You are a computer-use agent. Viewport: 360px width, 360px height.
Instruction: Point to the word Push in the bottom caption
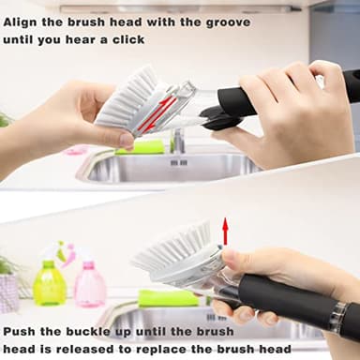22,332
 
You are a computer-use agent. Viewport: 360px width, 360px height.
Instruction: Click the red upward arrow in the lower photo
225,231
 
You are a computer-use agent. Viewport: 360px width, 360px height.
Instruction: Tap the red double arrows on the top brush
157,110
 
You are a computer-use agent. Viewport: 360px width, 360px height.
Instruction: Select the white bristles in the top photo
126,96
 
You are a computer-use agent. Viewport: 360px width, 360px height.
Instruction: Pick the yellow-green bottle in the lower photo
49,283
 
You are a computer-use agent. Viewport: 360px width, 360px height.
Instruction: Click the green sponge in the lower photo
169,298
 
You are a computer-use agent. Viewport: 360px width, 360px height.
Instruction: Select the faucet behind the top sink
177,141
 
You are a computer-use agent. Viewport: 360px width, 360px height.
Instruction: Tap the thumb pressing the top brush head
120,139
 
